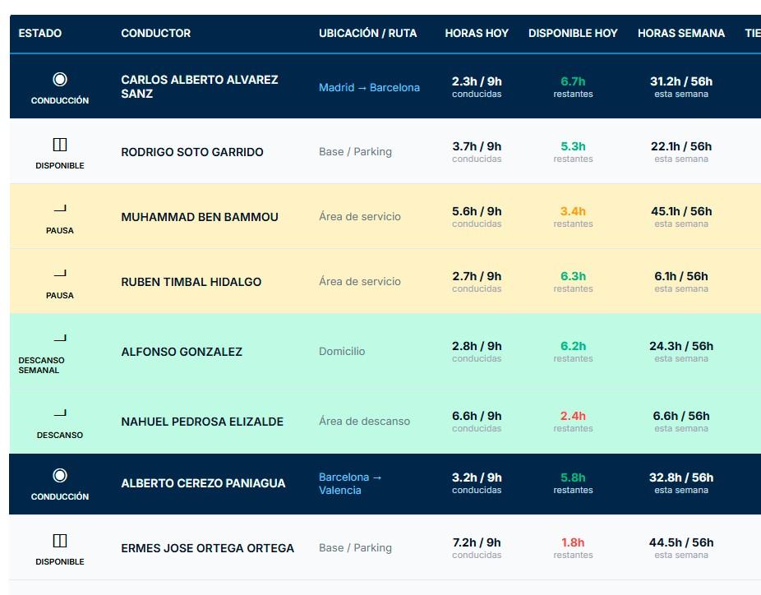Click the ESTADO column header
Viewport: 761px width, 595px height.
tap(39, 33)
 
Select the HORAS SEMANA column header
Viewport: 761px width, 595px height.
tap(681, 33)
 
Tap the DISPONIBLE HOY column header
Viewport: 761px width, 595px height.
tap(573, 33)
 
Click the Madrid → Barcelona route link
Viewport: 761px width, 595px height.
tap(369, 87)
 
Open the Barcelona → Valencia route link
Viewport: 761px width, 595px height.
tap(350, 483)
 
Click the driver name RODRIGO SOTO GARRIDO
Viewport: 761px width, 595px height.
tap(192, 152)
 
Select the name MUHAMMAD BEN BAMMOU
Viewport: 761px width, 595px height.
tap(200, 217)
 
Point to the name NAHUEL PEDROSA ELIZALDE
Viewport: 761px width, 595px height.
tap(202, 422)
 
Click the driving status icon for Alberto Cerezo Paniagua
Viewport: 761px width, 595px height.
tap(60, 475)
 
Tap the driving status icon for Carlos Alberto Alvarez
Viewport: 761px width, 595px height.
tap(60, 79)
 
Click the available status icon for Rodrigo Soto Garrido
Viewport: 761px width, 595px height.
tap(60, 145)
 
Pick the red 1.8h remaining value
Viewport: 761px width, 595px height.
tap(573, 542)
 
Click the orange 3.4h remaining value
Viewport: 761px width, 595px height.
tap(573, 211)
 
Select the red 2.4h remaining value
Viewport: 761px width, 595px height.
tap(573, 416)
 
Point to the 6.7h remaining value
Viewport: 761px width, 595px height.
tap(573, 81)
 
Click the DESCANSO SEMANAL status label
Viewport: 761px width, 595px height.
tap(41, 365)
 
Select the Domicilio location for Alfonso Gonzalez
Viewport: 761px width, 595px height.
tap(342, 352)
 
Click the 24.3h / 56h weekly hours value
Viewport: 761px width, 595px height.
tap(681, 346)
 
